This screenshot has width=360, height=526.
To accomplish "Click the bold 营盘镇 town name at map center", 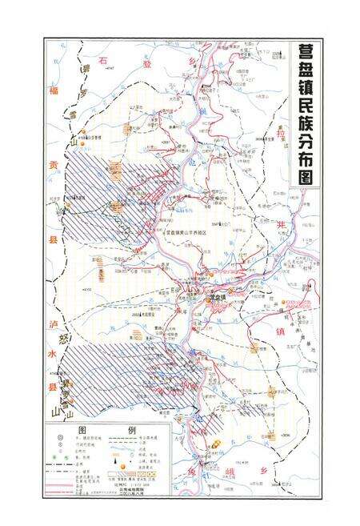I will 215,297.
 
